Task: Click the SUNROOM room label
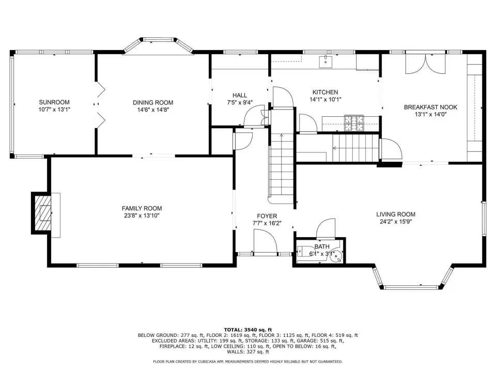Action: click(54, 102)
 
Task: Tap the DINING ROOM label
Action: click(153, 102)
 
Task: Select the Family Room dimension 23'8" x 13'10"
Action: click(142, 216)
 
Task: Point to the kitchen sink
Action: click(326, 61)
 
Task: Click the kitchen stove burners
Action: click(354, 123)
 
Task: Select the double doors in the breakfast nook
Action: click(426, 64)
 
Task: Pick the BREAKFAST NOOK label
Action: click(430, 107)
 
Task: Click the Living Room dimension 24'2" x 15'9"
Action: click(396, 222)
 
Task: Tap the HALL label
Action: click(240, 95)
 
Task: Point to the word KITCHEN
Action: click(325, 92)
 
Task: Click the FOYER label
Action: click(267, 216)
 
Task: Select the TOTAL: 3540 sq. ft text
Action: click(248, 330)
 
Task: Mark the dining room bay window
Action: click(158, 44)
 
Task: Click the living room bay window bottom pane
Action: click(412, 287)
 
